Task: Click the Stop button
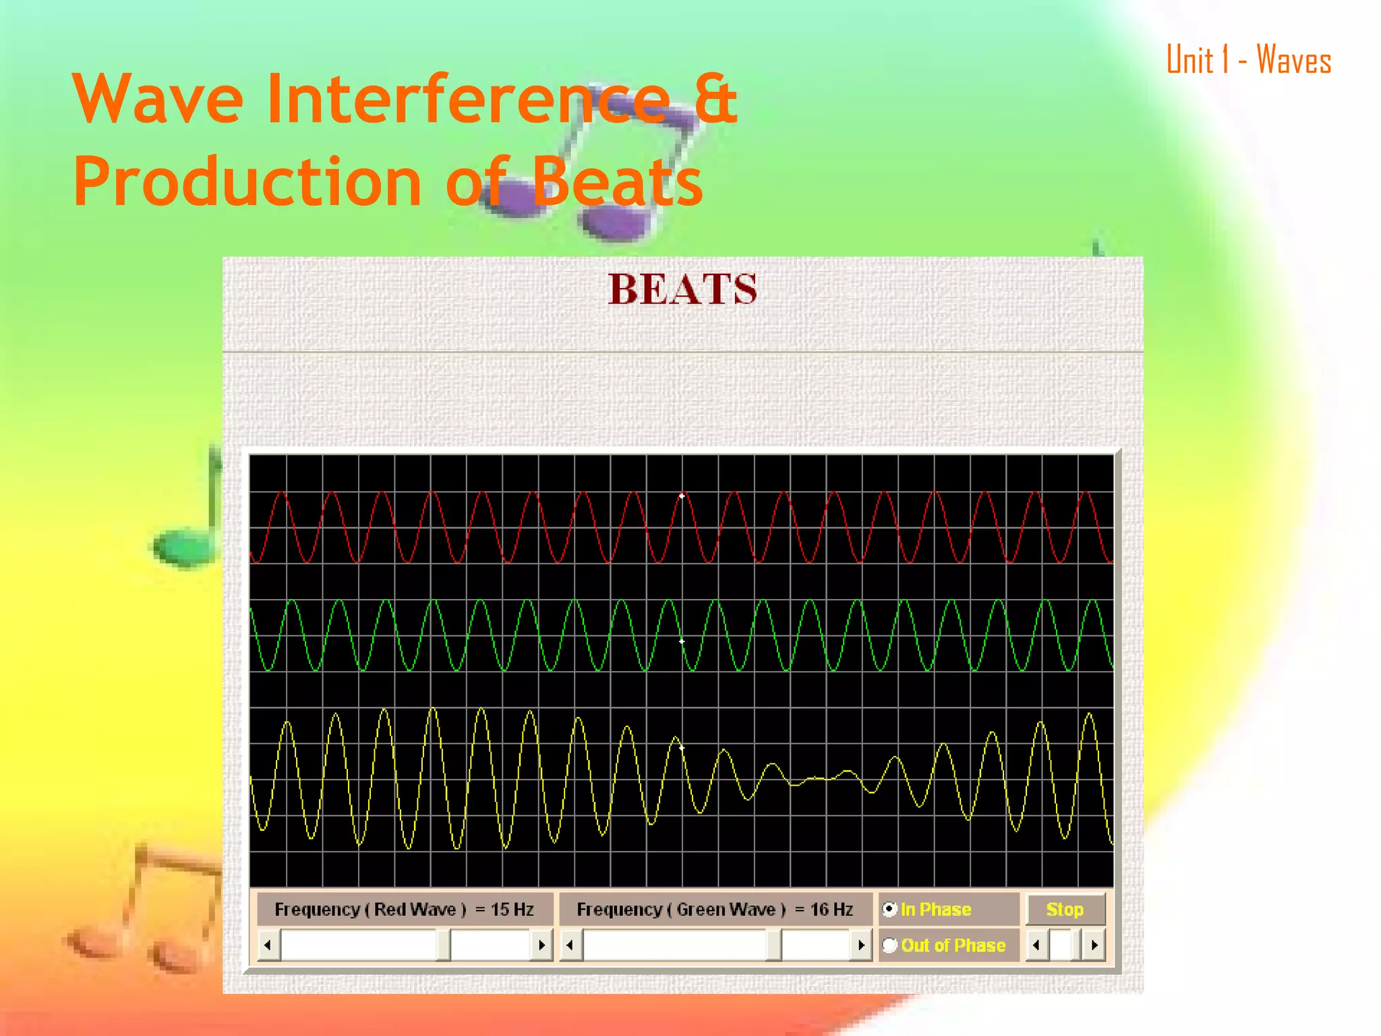point(1065,909)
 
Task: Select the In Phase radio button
point(890,909)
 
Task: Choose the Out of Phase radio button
point(890,946)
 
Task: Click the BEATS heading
point(682,290)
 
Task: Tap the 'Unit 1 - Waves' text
point(1248,60)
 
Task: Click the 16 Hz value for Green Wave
point(831,909)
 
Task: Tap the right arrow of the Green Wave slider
point(860,946)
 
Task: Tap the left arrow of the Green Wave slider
point(570,946)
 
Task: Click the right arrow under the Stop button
point(1094,946)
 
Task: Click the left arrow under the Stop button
point(1036,946)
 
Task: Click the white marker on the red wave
point(682,496)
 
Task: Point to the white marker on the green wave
point(682,641)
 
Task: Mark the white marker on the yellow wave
point(682,748)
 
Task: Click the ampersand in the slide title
point(715,100)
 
